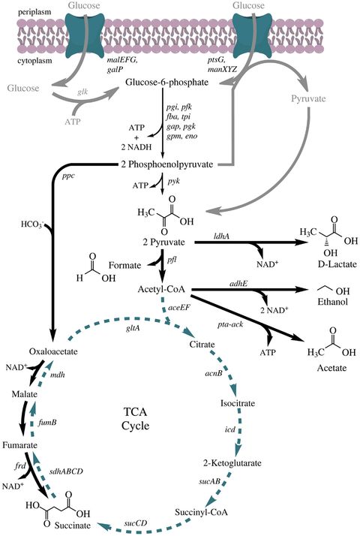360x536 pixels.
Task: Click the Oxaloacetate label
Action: [32, 351]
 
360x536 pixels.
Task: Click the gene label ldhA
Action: [223, 236]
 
